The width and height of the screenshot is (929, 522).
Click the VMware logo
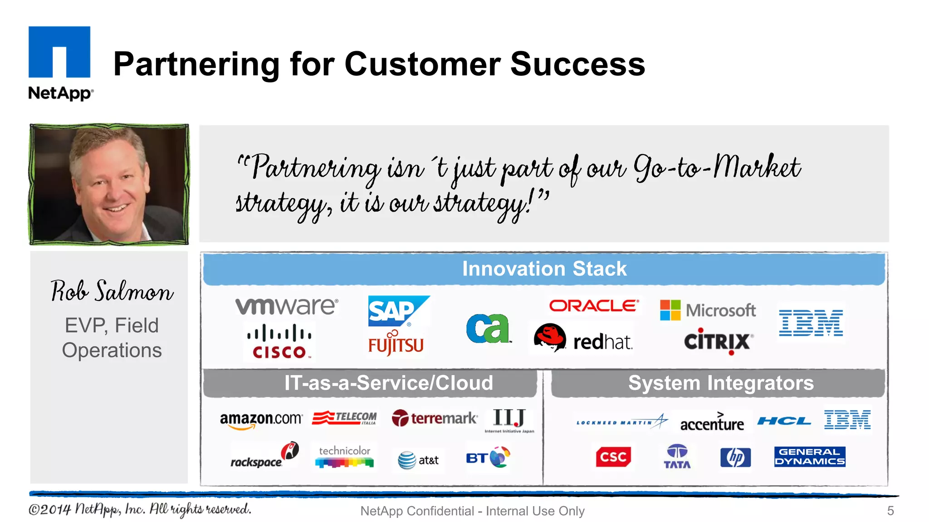pyautogui.click(x=286, y=306)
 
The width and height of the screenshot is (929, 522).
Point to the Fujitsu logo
pyautogui.click(x=396, y=344)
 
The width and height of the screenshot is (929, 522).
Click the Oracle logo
pyautogui.click(x=594, y=306)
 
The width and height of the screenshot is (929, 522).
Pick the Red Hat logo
pyautogui.click(x=583, y=338)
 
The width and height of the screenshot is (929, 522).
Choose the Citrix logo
pyautogui.click(x=718, y=341)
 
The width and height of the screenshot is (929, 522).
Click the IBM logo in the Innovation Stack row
pyautogui.click(x=811, y=323)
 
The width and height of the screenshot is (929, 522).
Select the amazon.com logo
pyautogui.click(x=260, y=419)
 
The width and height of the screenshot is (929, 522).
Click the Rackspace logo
pyautogui.click(x=264, y=456)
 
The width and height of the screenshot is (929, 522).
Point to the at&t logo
pyautogui.click(x=418, y=460)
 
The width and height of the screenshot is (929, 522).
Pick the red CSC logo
pyautogui.click(x=613, y=457)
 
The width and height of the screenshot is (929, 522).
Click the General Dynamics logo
pyautogui.click(x=809, y=456)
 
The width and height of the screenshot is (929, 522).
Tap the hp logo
pyautogui.click(x=735, y=457)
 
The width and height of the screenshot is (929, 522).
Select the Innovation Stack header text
pyautogui.click(x=544, y=269)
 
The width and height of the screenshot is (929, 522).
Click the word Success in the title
pyautogui.click(x=577, y=64)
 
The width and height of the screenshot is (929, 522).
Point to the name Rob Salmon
pyautogui.click(x=112, y=291)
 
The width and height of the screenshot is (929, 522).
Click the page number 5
pyautogui.click(x=890, y=511)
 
